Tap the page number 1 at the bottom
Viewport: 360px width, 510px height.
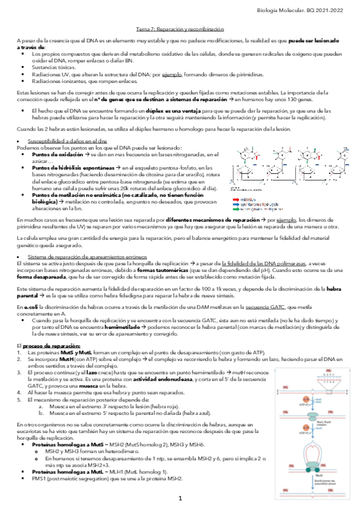point(180,499)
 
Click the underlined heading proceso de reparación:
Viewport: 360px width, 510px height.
point(50,346)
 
